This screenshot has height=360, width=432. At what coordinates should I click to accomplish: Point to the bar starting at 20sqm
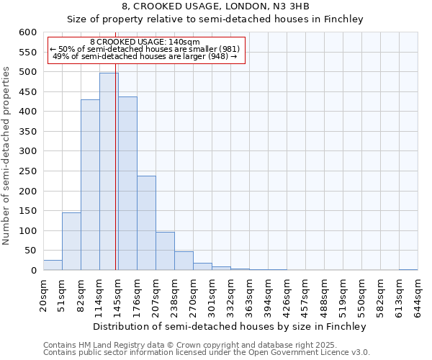(x=53, y=265)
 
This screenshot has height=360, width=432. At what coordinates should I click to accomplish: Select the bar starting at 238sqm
(x=184, y=261)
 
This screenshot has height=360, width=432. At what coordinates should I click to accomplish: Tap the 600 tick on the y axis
(x=27, y=32)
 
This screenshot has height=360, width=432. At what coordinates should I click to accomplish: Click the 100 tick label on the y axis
(x=27, y=231)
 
